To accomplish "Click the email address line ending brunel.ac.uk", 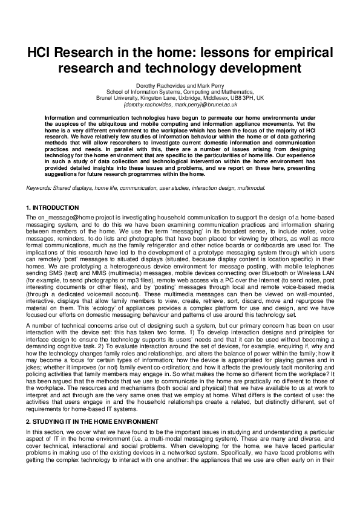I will [x=180, y=104].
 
